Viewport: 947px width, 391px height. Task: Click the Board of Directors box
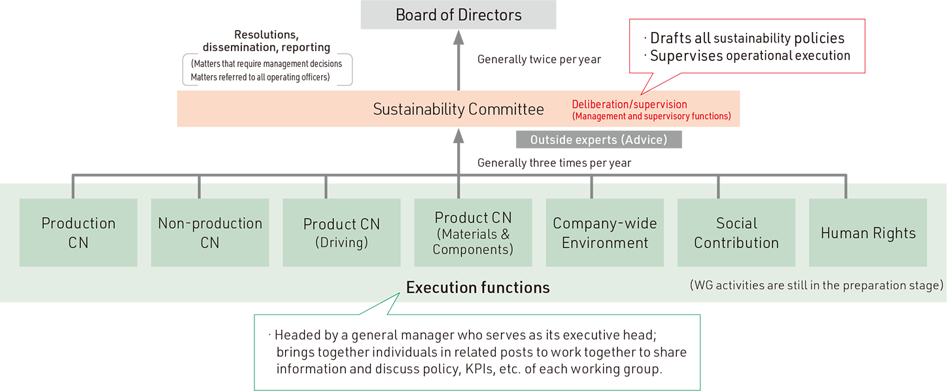pos(458,14)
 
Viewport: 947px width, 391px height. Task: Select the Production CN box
pos(78,233)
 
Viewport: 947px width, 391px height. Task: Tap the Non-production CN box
pos(210,233)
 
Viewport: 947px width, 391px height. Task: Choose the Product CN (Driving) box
pos(341,233)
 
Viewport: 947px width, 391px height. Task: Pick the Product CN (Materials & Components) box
pos(473,233)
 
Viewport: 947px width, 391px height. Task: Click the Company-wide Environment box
pos(605,233)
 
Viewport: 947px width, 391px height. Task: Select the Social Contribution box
pos(736,233)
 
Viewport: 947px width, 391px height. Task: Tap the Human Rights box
pos(868,233)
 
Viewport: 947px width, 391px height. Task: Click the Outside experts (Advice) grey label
pos(598,140)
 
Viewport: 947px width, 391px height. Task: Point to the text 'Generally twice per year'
pos(539,59)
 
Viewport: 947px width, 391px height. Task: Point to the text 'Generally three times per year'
pos(554,163)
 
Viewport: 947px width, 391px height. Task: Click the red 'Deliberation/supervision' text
pos(629,104)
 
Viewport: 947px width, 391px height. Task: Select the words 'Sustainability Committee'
pos(458,109)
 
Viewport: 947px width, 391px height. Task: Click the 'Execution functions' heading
pos(478,287)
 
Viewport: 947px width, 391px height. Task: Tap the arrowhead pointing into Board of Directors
pos(458,37)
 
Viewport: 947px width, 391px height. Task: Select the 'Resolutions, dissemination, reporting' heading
pos(266,41)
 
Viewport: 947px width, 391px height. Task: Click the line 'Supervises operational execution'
pos(750,56)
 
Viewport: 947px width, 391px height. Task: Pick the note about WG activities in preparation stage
pos(816,285)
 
